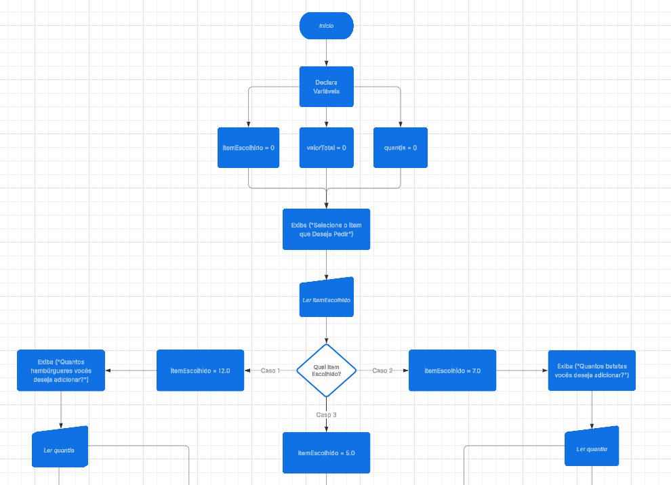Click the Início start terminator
point(326,26)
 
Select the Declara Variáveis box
point(326,87)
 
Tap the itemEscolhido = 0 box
point(248,148)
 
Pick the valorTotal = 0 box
point(326,148)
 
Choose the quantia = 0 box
point(401,148)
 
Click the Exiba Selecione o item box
point(326,229)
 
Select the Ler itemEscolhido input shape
point(326,297)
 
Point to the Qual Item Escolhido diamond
point(326,371)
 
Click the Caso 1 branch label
point(270,371)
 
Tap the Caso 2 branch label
point(382,371)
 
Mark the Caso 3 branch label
point(326,415)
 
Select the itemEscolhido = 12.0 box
point(200,371)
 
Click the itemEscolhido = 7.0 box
point(452,371)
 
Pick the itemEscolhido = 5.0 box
point(326,452)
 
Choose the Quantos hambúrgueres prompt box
point(61,371)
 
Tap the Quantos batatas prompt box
point(592,371)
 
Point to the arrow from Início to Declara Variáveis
point(326,53)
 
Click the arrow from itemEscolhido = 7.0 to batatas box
point(522,371)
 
